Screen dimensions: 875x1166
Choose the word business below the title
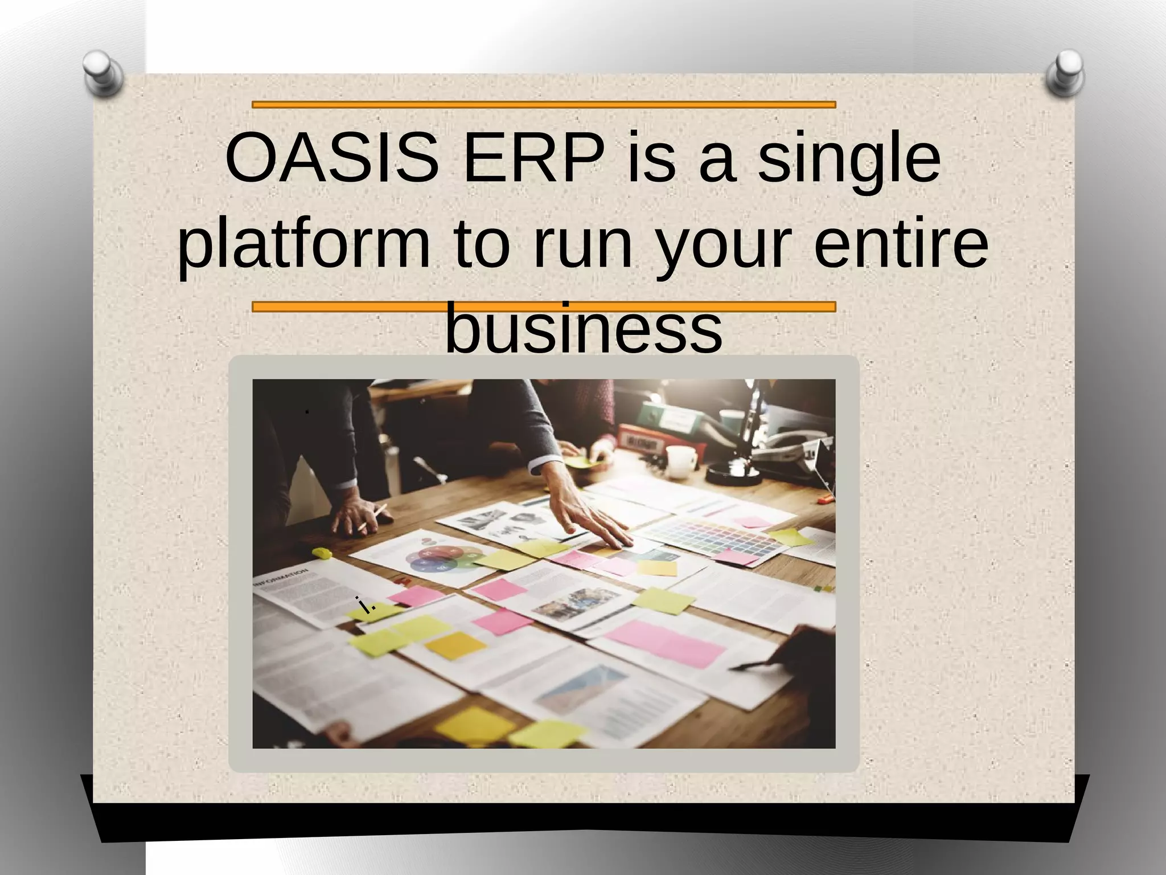coord(583,329)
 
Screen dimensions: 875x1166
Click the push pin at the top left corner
coord(102,72)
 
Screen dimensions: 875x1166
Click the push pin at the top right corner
coord(1065,72)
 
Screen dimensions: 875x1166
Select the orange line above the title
coord(544,105)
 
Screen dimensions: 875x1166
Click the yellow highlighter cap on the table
coord(322,553)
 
